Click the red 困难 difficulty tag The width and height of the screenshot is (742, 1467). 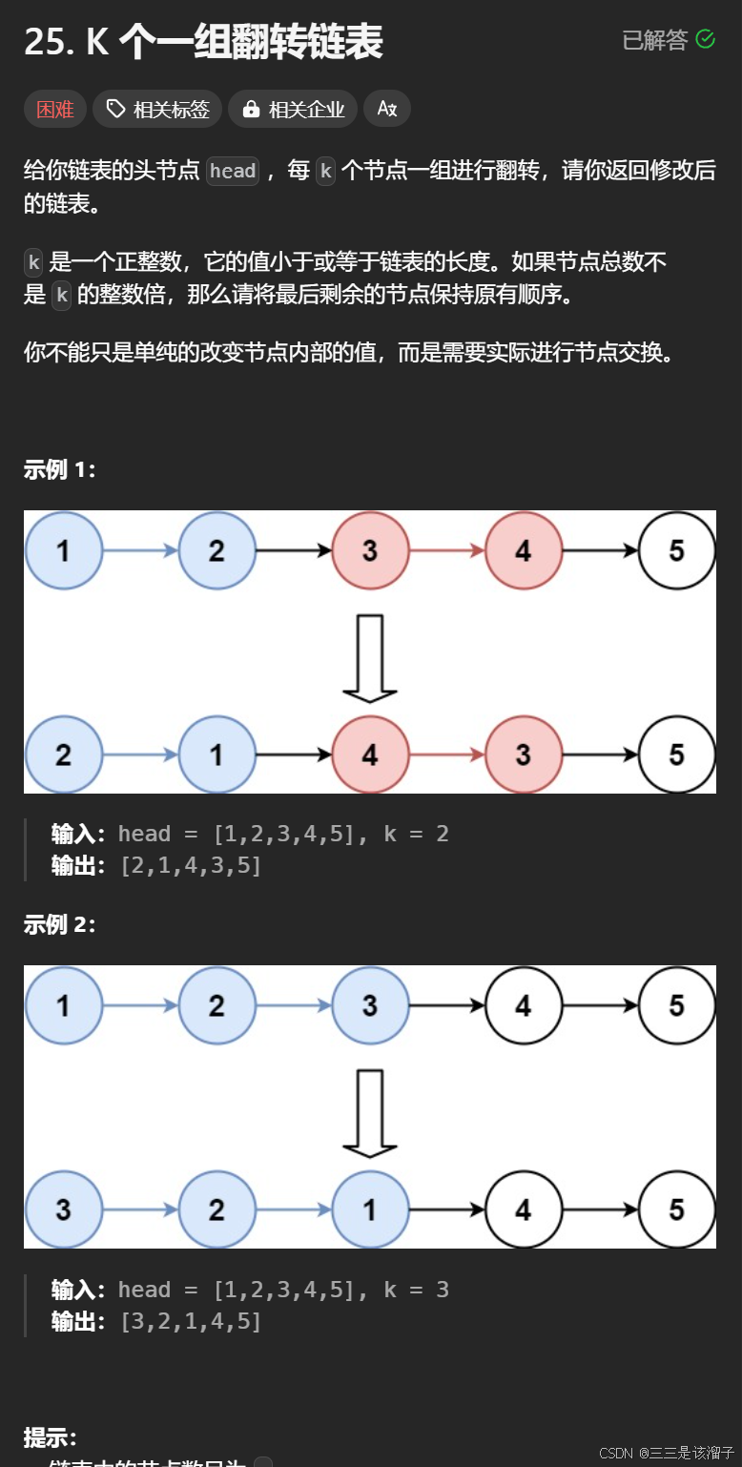(55, 110)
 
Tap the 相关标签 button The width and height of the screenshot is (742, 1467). (157, 110)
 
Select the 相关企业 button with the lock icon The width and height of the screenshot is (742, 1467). (294, 110)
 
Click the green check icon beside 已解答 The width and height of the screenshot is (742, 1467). (706, 39)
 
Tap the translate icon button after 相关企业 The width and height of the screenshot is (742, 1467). (387, 110)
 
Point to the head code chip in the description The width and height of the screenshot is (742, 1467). (233, 172)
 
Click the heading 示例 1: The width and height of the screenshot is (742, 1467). (59, 469)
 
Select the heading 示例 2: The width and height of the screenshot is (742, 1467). (59, 924)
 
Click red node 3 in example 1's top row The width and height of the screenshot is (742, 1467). (370, 550)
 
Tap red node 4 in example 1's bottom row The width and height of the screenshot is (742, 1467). (370, 754)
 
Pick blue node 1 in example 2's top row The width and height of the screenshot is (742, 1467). (63, 1005)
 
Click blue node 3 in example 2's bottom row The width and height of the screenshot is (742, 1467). (63, 1209)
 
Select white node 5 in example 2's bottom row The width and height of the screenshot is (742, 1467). (676, 1209)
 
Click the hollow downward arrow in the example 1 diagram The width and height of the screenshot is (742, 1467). (369, 658)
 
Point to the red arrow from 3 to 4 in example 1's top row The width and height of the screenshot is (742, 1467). (446, 550)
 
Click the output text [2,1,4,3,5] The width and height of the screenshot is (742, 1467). (191, 866)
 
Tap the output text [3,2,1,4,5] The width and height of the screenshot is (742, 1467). (191, 1322)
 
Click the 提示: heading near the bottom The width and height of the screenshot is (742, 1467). (50, 1437)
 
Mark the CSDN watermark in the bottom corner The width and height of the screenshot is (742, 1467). (667, 1453)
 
